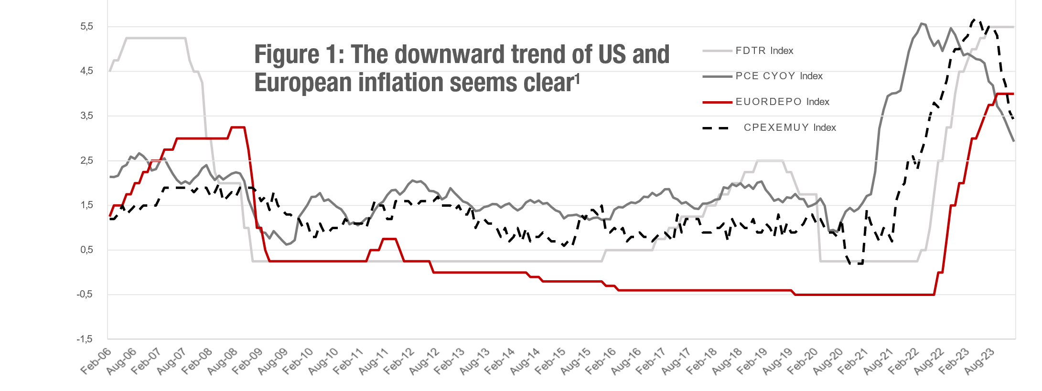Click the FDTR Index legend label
point(764,51)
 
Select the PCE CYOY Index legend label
point(779,76)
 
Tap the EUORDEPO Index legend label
point(782,102)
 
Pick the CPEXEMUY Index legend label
point(790,127)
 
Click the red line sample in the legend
point(717,102)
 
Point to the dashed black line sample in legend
point(716,128)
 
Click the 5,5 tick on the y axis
point(87,27)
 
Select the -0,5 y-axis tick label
point(85,295)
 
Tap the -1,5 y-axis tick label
point(85,339)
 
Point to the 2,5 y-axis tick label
point(87,160)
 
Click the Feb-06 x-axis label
point(96,362)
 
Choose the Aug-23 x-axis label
point(979,362)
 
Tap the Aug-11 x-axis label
point(374,362)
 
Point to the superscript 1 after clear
point(577,77)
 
